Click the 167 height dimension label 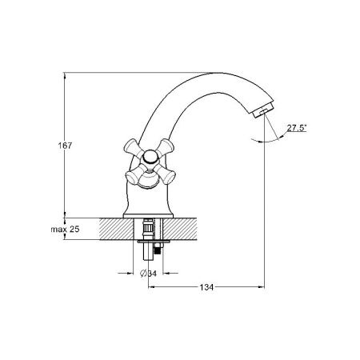65,146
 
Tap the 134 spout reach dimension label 206,287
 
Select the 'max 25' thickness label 65,229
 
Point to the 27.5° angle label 297,128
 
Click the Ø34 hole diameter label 148,274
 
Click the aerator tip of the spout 263,111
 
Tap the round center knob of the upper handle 150,156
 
